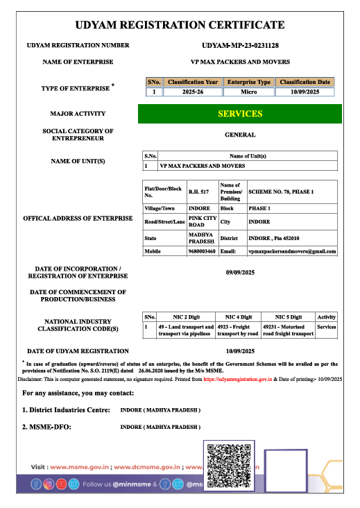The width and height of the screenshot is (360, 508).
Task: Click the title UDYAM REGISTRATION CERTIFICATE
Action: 180,25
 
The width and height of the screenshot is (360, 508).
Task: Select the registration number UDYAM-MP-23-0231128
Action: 240,45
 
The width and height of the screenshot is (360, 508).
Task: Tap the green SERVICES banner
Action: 240,114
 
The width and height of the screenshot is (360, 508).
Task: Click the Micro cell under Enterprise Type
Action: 249,92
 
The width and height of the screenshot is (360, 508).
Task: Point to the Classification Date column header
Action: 304,82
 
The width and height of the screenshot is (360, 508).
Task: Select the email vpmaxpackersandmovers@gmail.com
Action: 292,251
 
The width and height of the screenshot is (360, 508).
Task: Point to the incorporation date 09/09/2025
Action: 240,273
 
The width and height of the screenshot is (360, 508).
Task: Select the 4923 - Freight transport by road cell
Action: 238,330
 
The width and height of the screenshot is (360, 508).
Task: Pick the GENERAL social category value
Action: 240,135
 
